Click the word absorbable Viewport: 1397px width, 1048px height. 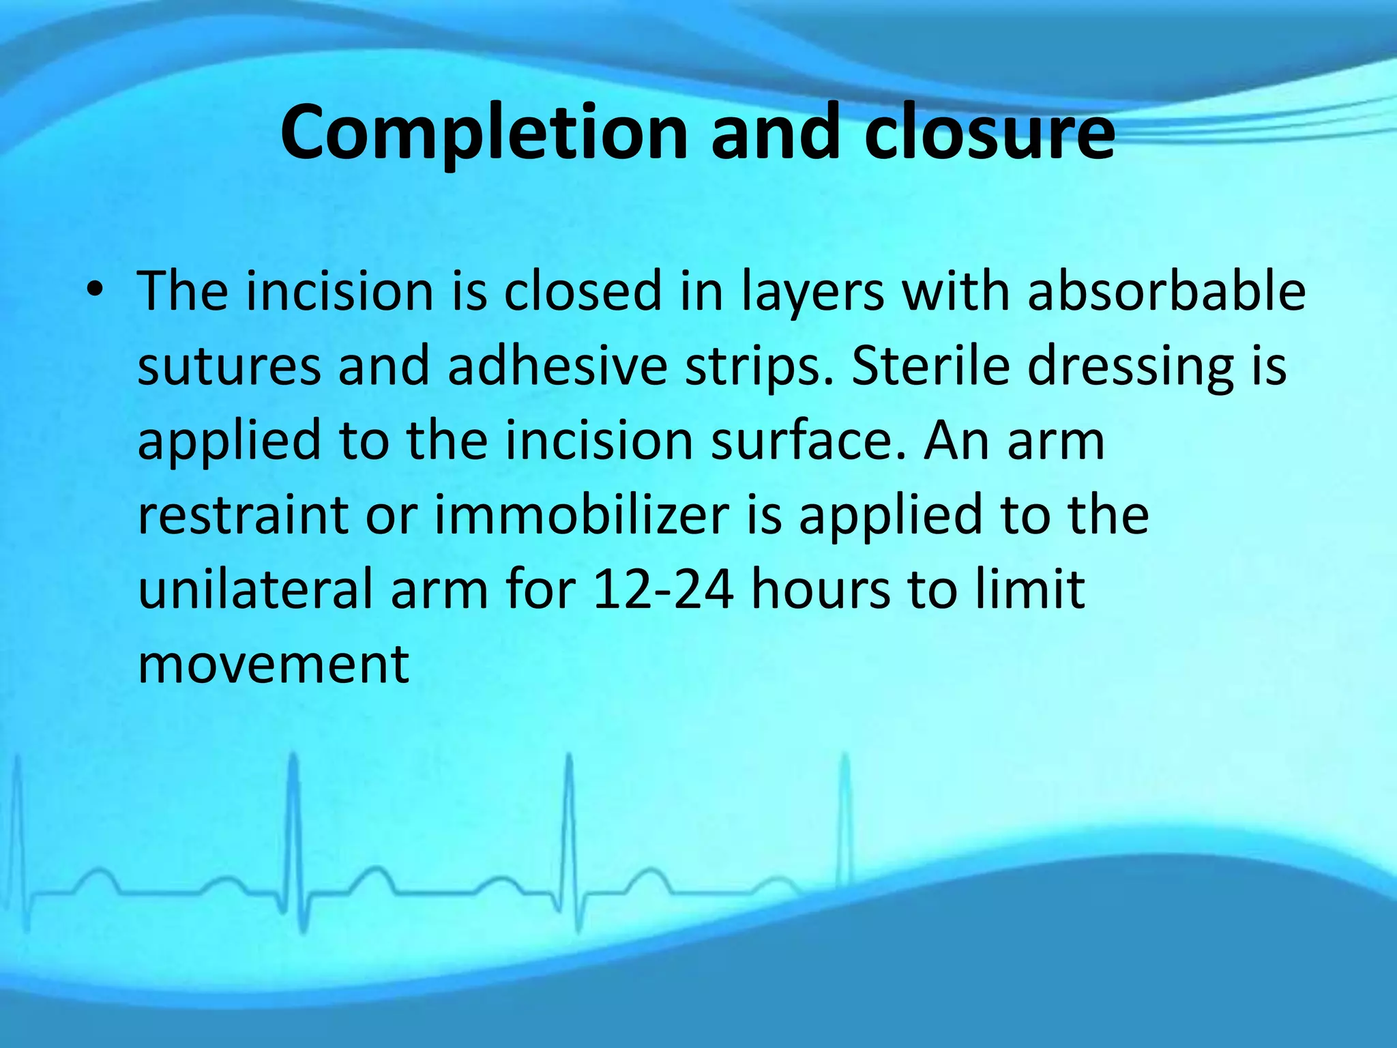pyautogui.click(x=1166, y=291)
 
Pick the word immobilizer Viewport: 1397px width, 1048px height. pyautogui.click(x=581, y=515)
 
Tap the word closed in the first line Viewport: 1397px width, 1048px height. pyautogui.click(x=583, y=291)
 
